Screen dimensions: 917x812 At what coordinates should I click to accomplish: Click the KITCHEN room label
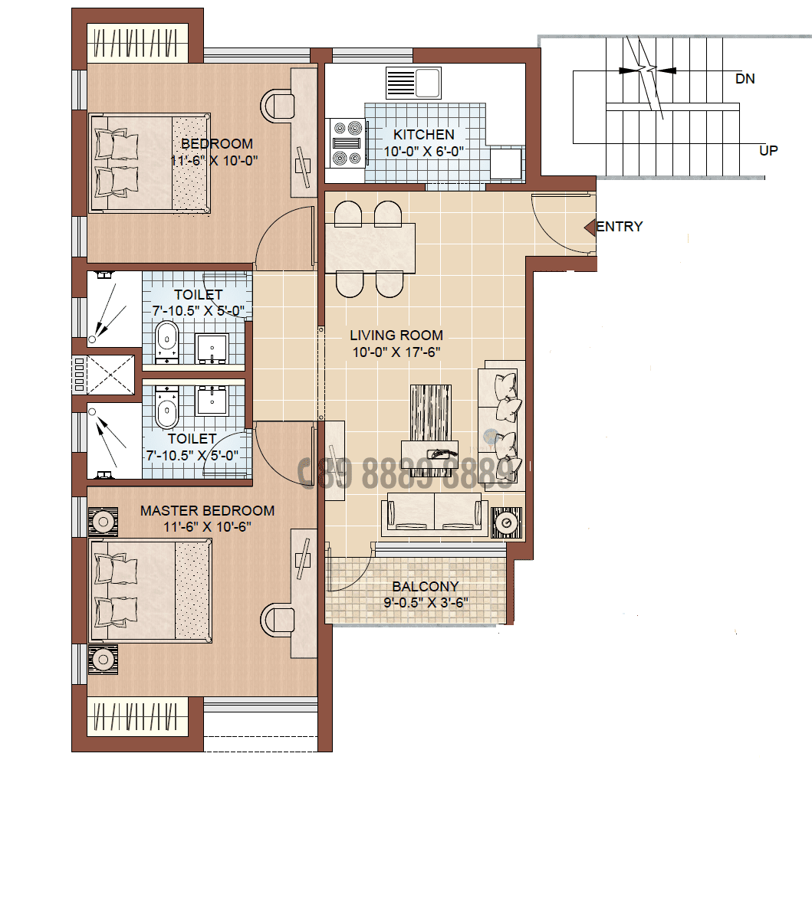click(423, 135)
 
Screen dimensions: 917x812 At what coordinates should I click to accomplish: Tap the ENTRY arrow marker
click(590, 228)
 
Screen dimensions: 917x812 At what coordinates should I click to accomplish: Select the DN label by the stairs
click(745, 79)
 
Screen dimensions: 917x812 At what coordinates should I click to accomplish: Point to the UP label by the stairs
click(768, 150)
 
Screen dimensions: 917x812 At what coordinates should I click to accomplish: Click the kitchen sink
click(414, 83)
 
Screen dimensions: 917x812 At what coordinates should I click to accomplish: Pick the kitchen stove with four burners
click(346, 142)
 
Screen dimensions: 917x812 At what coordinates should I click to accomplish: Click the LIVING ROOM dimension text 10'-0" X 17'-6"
click(396, 352)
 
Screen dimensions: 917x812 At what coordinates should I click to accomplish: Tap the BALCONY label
click(425, 587)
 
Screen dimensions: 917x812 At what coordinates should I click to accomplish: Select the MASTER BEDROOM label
click(207, 511)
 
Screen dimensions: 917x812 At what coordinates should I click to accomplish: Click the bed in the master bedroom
click(150, 590)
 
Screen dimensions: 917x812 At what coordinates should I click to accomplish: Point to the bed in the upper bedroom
click(150, 162)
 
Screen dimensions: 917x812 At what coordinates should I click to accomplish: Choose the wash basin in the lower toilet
click(211, 400)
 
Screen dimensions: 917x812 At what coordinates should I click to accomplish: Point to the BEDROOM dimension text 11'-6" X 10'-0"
click(214, 161)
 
